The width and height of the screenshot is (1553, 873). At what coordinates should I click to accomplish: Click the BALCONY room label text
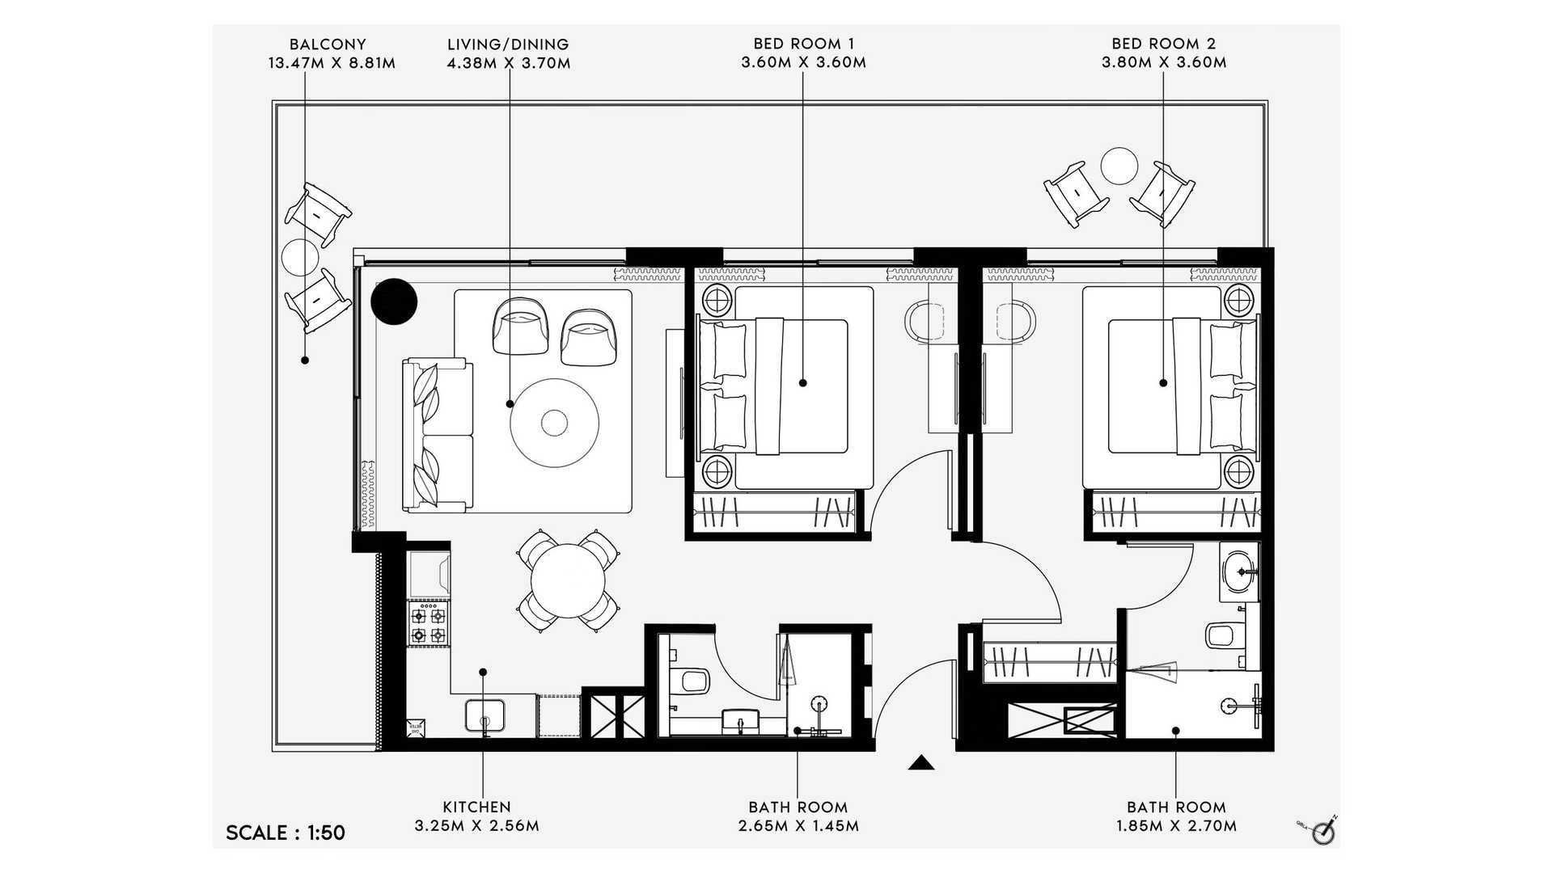pyautogui.click(x=328, y=44)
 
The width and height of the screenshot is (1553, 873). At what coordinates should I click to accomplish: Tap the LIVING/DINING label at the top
pyautogui.click(x=508, y=44)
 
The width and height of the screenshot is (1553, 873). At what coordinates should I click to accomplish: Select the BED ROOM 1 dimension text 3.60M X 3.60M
pyautogui.click(x=803, y=63)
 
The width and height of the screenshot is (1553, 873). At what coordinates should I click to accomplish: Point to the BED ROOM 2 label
pyautogui.click(x=1163, y=44)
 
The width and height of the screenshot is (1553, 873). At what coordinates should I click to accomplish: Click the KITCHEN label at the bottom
pyautogui.click(x=476, y=807)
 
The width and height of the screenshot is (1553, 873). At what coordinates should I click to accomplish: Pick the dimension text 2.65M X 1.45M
pyautogui.click(x=798, y=826)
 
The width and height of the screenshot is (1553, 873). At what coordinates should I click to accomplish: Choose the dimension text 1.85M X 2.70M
pyautogui.click(x=1176, y=826)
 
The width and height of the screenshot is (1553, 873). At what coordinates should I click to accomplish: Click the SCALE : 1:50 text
pyautogui.click(x=286, y=833)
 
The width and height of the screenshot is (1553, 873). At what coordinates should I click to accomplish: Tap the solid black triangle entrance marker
pyautogui.click(x=921, y=762)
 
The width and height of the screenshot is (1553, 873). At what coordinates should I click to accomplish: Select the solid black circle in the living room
pyautogui.click(x=394, y=302)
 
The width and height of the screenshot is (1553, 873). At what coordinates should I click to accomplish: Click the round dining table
pyautogui.click(x=568, y=581)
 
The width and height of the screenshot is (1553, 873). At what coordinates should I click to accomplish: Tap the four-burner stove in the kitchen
pyautogui.click(x=428, y=623)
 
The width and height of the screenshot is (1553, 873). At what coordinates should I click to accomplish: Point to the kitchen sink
pyautogui.click(x=485, y=716)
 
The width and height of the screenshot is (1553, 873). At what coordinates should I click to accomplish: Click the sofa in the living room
pyautogui.click(x=437, y=435)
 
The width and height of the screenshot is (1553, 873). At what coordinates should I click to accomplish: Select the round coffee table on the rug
pyautogui.click(x=554, y=422)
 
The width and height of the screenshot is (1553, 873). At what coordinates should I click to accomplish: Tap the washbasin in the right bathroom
pyautogui.click(x=1238, y=571)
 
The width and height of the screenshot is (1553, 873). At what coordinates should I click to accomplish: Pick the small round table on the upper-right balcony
pyautogui.click(x=1119, y=166)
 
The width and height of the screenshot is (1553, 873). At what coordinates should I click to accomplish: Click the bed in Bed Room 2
pyautogui.click(x=1170, y=387)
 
